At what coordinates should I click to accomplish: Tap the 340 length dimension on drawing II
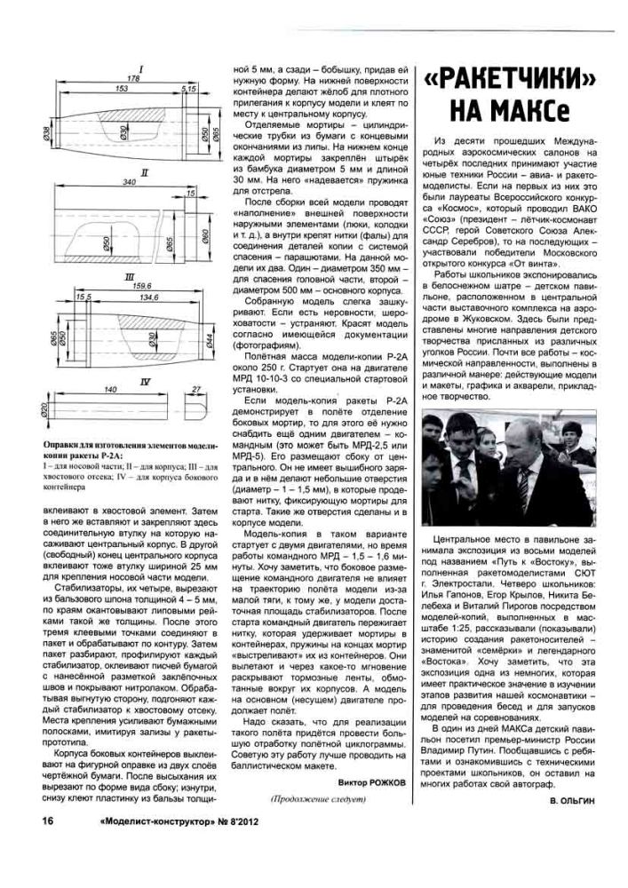[130, 182]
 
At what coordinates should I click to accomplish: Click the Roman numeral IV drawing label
[144, 380]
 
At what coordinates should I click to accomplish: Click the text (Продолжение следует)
[319, 799]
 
